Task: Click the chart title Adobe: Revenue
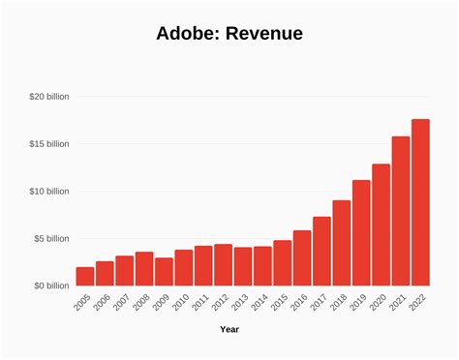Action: (x=229, y=34)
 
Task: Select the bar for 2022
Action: (x=420, y=202)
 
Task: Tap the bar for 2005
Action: (x=85, y=276)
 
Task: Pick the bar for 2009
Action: (x=164, y=271)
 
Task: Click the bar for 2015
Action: (x=282, y=262)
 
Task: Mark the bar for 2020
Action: (x=381, y=225)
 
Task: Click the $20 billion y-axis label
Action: (x=48, y=97)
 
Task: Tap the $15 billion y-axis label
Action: (x=48, y=144)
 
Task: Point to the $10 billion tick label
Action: (x=48, y=192)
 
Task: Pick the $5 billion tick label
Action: (x=50, y=238)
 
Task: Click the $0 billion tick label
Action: (x=50, y=285)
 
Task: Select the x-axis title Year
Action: (x=229, y=329)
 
